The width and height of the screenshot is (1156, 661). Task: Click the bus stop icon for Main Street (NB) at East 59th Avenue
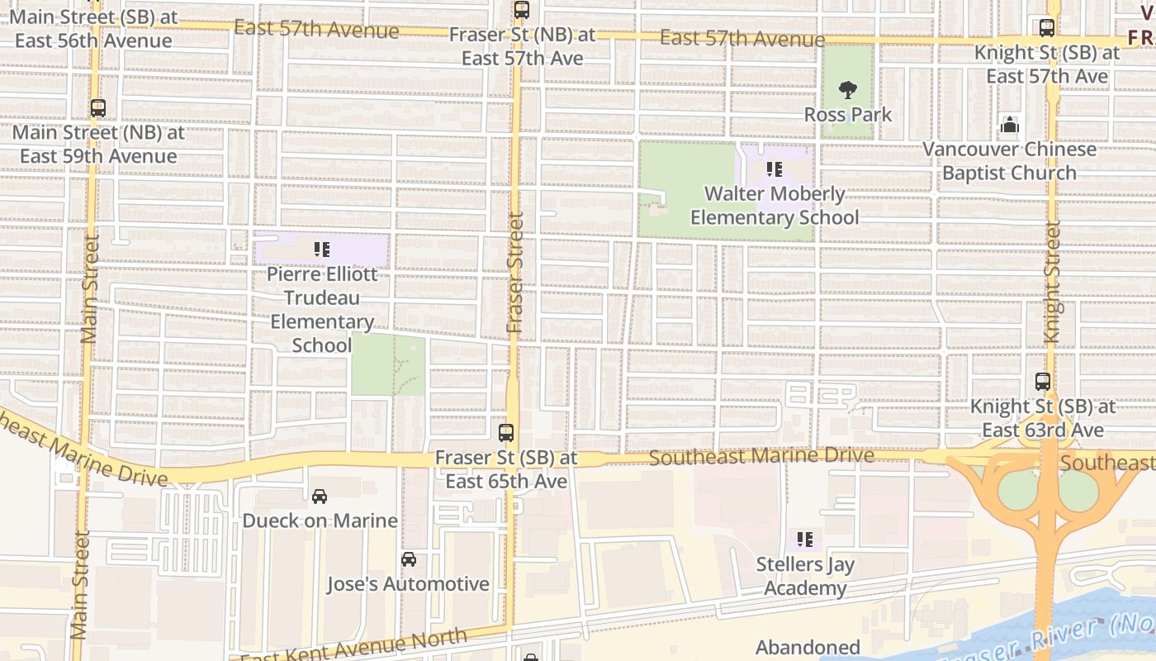click(x=98, y=108)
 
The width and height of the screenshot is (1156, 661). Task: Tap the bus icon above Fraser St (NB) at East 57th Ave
click(x=521, y=11)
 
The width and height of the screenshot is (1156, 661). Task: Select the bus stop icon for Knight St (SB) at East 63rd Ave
click(x=1043, y=382)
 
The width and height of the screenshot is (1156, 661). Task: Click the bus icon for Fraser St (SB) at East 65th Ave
click(x=506, y=433)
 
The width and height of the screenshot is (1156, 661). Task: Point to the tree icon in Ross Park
click(x=847, y=90)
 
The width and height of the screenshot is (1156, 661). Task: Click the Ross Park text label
click(x=848, y=114)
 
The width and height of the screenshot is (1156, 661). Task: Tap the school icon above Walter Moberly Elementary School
click(x=774, y=169)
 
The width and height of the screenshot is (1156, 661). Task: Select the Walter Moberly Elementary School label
click(x=775, y=206)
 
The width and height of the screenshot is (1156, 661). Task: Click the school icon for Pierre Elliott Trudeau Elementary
click(x=322, y=249)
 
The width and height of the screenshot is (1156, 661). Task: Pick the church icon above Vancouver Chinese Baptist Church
click(x=1009, y=126)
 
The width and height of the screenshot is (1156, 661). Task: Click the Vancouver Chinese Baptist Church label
click(x=1009, y=161)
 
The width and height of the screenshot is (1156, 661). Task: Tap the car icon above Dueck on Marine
click(x=320, y=496)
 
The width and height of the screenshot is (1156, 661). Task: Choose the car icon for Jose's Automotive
click(x=408, y=559)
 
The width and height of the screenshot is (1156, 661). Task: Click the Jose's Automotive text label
click(x=408, y=584)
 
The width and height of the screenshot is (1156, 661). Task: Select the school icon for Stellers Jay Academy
click(x=805, y=540)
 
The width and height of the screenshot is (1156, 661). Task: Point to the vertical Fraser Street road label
click(x=515, y=273)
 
